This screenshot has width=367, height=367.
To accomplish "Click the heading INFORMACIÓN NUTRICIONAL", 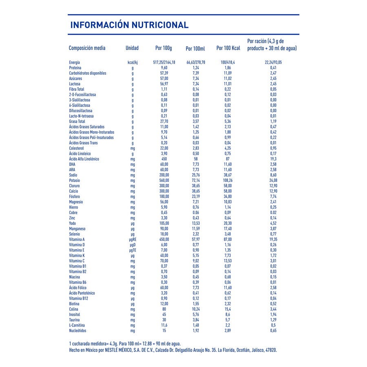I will tap(129, 25).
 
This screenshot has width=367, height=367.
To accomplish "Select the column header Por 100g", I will tap(164, 48).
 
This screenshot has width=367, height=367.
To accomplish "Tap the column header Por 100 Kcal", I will tap(228, 48).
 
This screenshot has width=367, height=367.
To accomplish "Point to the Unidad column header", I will tap(132, 48).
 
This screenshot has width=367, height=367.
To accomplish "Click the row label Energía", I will tap(75, 62).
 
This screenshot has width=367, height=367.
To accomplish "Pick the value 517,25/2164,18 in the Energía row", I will tap(164, 62).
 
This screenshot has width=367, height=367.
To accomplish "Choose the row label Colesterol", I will tap(77, 148).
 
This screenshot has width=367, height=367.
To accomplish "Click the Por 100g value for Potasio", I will tap(164, 180).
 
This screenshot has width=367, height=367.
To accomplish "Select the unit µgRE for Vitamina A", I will tap(132, 239).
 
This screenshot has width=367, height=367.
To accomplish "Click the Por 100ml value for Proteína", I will tap(195, 68).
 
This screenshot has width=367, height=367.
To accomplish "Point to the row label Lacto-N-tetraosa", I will tap(81, 116).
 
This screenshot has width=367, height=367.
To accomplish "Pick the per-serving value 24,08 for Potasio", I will tap(273, 180).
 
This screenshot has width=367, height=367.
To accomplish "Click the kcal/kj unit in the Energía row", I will tap(133, 62).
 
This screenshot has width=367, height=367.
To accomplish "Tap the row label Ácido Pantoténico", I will tap(82, 293).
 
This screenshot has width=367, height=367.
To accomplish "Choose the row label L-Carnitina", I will tap(77, 325).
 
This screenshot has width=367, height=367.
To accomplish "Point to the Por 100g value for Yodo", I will tap(164, 223).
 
